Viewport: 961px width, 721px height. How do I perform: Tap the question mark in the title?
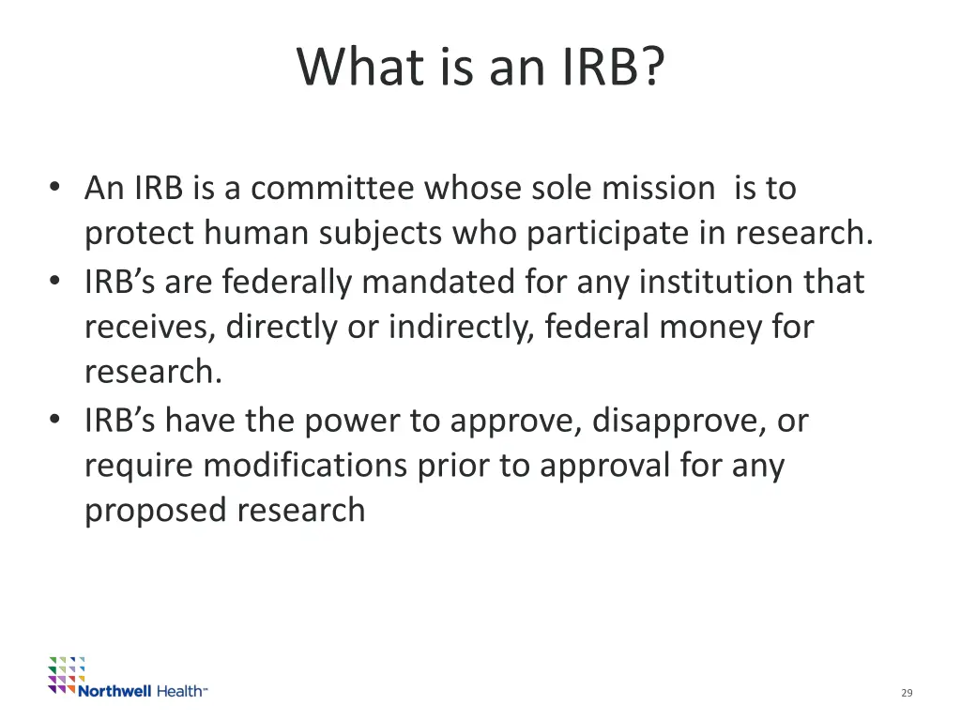651,68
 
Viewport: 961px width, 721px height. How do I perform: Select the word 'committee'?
332,189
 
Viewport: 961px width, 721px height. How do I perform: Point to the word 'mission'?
658,189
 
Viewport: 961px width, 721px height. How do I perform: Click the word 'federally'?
286,281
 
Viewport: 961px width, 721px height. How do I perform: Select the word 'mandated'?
445,281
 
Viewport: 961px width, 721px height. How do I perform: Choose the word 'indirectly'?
461,327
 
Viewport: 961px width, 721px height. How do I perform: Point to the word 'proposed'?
156,512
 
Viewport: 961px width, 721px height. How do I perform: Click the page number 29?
907,693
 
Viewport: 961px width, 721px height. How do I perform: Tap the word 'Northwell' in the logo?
114,691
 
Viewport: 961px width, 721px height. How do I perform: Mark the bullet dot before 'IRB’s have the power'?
57,420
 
